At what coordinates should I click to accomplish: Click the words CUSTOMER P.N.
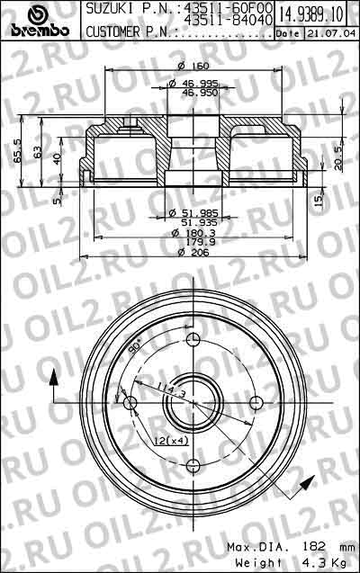click(129, 32)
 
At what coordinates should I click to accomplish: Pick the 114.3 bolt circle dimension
click(165, 390)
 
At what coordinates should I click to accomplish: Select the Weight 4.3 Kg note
click(278, 562)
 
